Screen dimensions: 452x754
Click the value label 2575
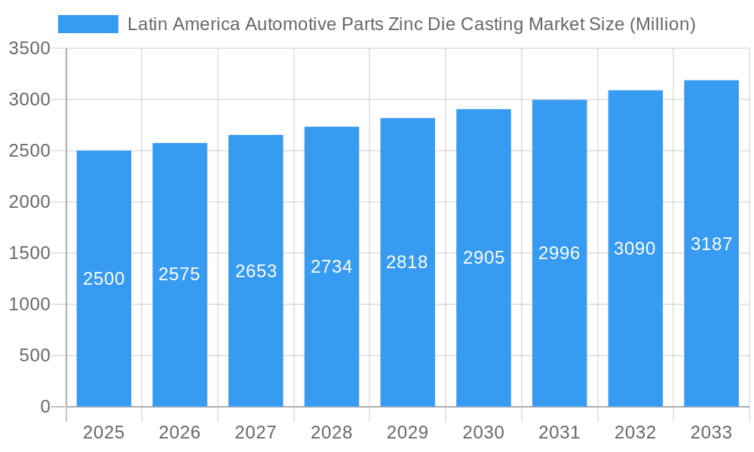(179, 274)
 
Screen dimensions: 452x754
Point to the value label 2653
(256, 271)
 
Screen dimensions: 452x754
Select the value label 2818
(407, 262)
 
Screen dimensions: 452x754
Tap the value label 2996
(559, 253)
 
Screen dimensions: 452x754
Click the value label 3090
(635, 249)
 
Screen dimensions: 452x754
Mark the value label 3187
(711, 244)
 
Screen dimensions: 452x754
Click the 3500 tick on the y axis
(29, 49)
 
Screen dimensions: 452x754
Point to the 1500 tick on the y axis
(29, 253)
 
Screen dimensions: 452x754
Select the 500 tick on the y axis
(35, 356)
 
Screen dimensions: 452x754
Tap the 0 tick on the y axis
(44, 407)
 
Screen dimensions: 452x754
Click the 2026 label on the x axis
(179, 432)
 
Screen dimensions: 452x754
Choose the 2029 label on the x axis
(407, 432)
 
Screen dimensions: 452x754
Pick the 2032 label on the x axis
(635, 432)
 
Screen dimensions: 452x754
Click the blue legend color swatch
(88, 24)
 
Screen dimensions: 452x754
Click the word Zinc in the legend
(406, 24)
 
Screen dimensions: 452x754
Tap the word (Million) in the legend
(662, 24)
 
